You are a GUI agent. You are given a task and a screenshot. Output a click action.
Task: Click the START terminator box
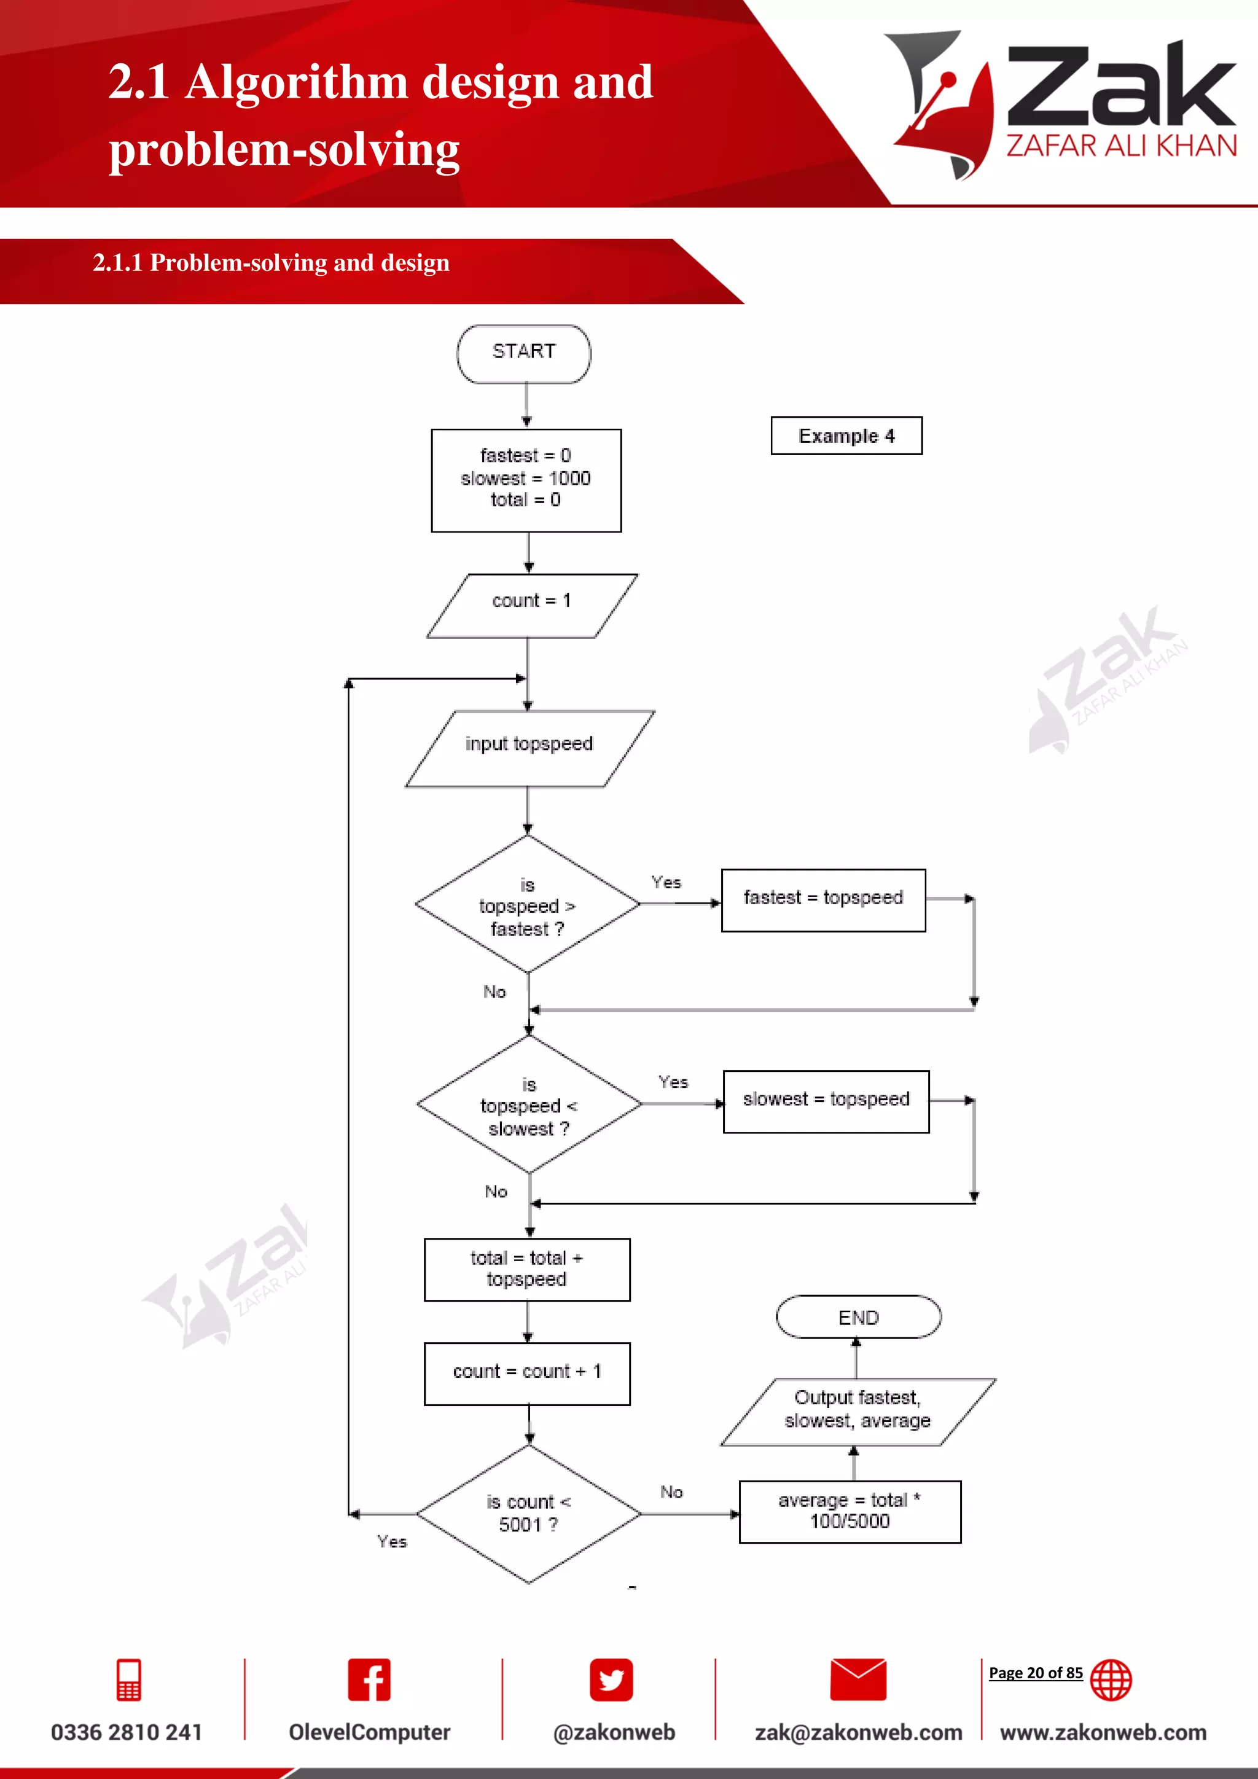coord(523,353)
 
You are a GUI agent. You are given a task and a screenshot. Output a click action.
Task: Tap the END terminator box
coord(858,1317)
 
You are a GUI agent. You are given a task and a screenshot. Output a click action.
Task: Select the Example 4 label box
coord(846,436)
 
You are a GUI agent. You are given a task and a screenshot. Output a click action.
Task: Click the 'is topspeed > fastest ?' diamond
coord(528,904)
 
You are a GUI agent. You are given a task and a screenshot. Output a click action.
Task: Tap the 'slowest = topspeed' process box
coord(826,1101)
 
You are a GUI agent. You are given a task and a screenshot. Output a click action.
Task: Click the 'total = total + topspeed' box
coord(527,1269)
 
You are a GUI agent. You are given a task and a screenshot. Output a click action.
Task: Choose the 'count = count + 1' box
coord(527,1373)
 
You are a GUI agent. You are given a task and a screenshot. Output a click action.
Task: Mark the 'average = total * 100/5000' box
coord(850,1511)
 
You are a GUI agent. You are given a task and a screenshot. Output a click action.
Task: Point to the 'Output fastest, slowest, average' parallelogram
coord(858,1411)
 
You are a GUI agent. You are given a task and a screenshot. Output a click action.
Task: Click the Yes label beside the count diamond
coord(392,1542)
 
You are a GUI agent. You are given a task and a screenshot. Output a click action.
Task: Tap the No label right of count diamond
coord(671,1492)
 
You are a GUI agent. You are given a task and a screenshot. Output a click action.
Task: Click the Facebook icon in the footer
coord(369,1680)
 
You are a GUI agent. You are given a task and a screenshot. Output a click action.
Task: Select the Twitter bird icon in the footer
coord(611,1680)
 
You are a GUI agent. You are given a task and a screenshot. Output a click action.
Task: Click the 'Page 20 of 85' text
coord(1035,1673)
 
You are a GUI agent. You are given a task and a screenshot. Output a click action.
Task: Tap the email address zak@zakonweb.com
coord(858,1732)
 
